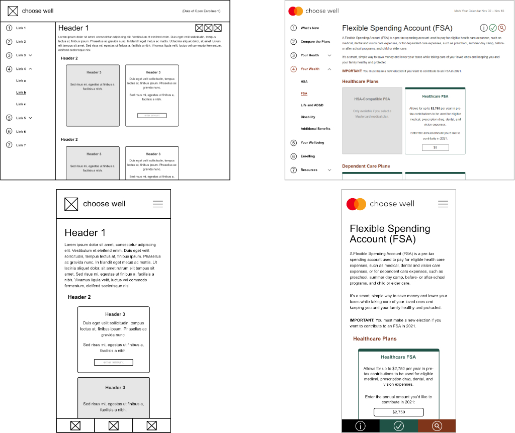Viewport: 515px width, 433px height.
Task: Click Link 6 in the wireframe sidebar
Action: (x=21, y=132)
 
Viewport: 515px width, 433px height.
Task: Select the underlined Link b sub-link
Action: (x=21, y=93)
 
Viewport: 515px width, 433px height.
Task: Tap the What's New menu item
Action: (x=310, y=28)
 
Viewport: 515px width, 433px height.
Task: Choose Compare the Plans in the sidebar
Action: (x=315, y=42)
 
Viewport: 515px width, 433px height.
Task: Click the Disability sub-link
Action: (x=308, y=117)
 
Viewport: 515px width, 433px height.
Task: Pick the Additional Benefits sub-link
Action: (x=315, y=129)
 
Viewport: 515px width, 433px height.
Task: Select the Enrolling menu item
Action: (x=308, y=156)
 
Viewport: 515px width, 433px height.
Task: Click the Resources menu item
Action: (x=309, y=170)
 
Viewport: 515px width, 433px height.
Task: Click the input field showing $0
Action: (x=435, y=147)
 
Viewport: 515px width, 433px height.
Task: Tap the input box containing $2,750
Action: (x=398, y=412)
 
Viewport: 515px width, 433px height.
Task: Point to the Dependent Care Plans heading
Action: (x=366, y=166)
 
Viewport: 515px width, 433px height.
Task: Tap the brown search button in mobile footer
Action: (x=437, y=426)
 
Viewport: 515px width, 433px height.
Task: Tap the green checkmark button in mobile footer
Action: (x=398, y=426)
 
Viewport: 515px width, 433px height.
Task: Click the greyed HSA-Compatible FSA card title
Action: (x=372, y=99)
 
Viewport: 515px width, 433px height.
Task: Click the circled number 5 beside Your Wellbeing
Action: (x=294, y=143)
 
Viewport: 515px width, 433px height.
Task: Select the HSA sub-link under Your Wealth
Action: (x=304, y=81)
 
